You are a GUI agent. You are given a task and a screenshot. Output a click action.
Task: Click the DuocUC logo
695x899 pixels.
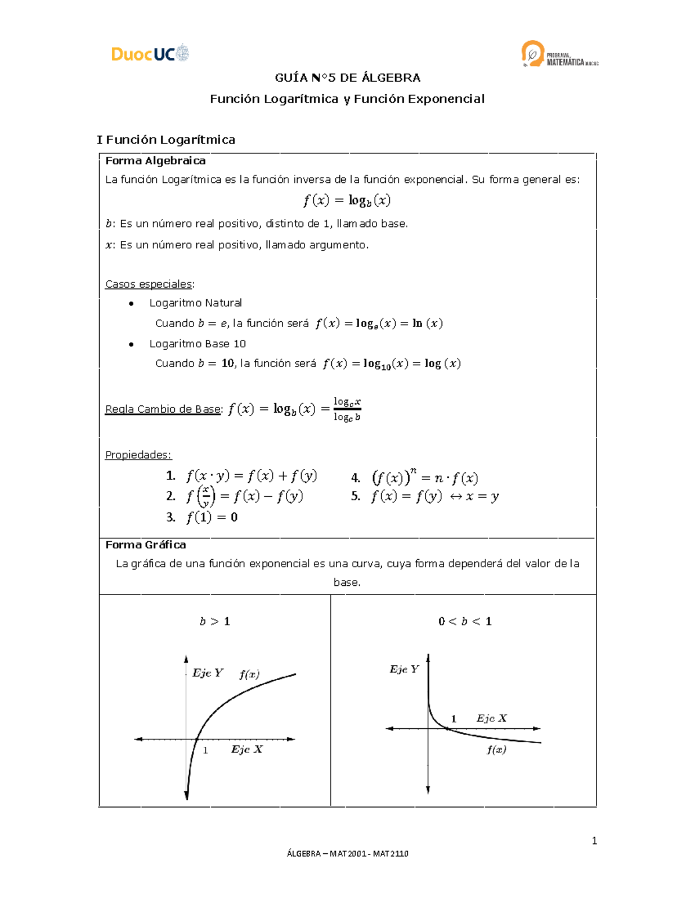pos(150,54)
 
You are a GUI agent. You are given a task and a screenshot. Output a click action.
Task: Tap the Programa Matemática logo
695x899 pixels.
pos(559,54)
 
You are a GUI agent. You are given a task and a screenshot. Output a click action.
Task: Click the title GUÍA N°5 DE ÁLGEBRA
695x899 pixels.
pos(348,78)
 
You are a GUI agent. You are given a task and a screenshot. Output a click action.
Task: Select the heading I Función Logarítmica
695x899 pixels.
pos(166,140)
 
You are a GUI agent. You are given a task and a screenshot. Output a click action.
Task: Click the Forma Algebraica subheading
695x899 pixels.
pos(155,160)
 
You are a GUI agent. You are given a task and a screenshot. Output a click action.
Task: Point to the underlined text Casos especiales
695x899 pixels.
pos(149,284)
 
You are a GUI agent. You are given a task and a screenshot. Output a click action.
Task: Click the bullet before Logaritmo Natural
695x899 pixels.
pos(131,303)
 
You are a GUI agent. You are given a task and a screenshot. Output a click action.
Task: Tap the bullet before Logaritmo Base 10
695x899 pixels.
pos(131,344)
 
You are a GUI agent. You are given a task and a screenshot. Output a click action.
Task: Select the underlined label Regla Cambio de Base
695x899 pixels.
pos(163,409)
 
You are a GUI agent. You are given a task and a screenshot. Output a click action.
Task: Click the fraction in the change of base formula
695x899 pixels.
pos(347,409)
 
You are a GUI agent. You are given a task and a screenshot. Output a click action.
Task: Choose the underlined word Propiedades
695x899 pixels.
pos(138,455)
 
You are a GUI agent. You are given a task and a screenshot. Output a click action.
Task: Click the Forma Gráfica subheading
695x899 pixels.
pos(145,545)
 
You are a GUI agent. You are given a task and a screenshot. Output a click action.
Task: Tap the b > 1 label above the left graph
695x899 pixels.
pos(215,621)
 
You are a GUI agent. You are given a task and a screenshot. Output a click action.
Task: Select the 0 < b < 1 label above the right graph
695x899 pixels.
pos(465,621)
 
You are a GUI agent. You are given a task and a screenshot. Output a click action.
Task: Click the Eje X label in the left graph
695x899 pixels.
pos(247,750)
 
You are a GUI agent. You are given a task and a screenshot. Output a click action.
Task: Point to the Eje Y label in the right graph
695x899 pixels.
pos(404,669)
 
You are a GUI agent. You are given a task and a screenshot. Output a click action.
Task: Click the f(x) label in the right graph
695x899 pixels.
pos(496,750)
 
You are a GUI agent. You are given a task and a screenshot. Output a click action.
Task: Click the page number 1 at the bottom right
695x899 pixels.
pos(594,841)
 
